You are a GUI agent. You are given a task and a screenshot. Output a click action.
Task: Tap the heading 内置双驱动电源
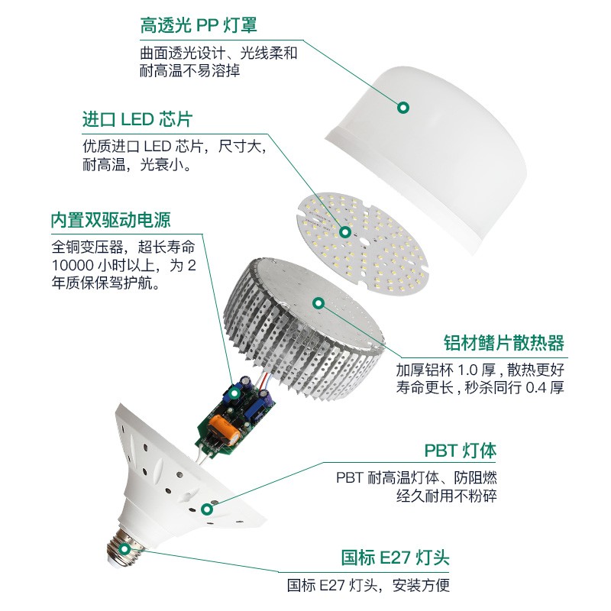tap(110, 220)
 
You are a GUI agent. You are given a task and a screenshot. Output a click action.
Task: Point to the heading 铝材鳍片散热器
tap(504, 341)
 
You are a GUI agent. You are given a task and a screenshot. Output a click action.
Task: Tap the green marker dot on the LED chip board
tap(345, 232)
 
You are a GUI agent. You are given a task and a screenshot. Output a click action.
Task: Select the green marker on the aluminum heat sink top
tap(319, 303)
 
